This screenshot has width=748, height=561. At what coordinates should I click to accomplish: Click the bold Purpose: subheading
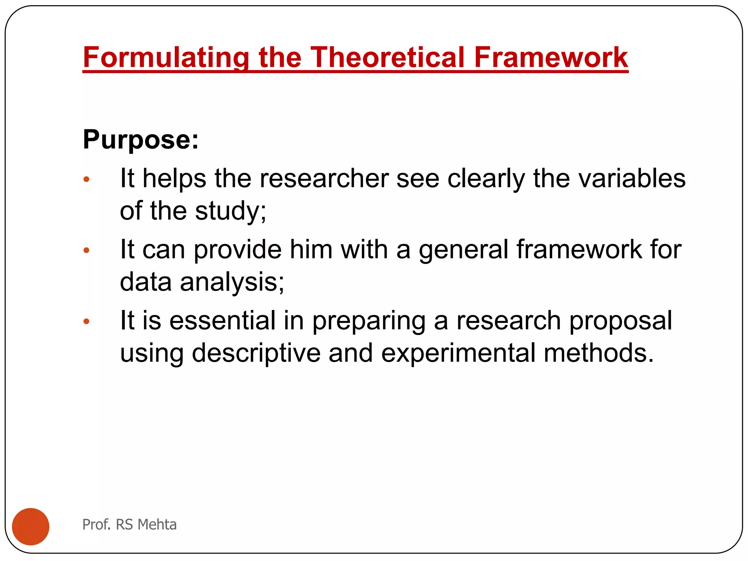tap(141, 140)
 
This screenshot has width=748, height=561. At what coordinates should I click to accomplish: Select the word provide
tap(237, 250)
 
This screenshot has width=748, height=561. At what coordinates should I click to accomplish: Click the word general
tap(463, 250)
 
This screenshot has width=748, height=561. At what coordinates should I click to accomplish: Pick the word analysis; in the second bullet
tap(232, 282)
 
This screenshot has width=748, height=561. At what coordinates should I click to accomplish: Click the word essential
tap(222, 321)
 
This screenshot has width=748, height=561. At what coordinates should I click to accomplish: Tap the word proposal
tap(621, 321)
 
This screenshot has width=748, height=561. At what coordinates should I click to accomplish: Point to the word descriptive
tap(256, 353)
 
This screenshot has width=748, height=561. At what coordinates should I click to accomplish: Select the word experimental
tap(458, 353)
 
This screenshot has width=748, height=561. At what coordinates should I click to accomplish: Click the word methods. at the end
tap(599, 353)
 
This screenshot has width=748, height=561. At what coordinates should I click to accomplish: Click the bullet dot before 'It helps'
tap(87, 179)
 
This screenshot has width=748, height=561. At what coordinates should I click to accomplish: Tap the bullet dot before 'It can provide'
tap(87, 251)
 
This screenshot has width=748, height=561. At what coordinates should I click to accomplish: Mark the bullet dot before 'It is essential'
tap(87, 321)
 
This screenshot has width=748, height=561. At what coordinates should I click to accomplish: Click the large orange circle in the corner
tap(31, 526)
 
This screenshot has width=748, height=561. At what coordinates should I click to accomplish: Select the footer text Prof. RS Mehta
tap(129, 524)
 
